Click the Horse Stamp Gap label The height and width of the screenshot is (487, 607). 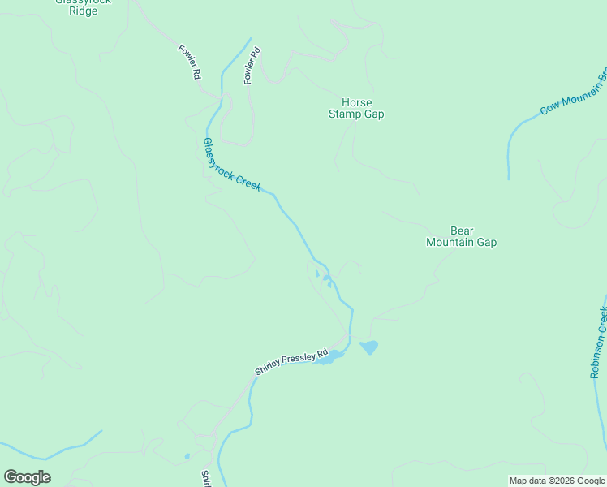click(x=356, y=109)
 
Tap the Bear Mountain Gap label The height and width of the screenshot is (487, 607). click(x=461, y=236)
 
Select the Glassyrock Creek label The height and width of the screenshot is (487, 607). click(x=232, y=165)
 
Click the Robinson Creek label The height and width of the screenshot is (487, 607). click(x=600, y=343)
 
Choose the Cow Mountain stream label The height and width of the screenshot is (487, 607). click(x=572, y=96)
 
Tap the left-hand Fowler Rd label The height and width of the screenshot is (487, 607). click(x=189, y=62)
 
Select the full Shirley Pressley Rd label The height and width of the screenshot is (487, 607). click(x=291, y=362)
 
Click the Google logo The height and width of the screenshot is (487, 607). click(x=27, y=477)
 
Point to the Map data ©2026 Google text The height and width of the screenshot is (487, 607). click(x=557, y=481)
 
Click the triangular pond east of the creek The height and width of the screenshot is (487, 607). click(x=369, y=347)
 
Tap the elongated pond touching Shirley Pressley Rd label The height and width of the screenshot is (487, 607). click(x=328, y=357)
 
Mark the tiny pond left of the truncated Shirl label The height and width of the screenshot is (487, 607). click(x=187, y=456)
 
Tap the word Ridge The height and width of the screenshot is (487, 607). click(x=82, y=11)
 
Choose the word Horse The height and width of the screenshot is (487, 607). click(x=356, y=103)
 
